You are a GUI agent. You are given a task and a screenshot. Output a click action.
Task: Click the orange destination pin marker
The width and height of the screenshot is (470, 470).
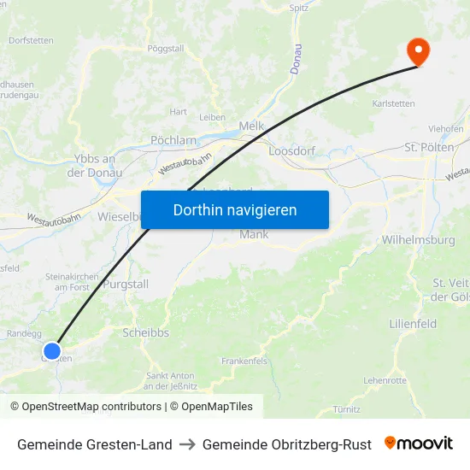pos(419,51)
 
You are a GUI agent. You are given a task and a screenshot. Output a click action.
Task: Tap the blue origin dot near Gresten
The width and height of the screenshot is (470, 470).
pos(52,350)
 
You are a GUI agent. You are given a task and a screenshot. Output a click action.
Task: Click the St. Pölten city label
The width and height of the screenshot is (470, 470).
pos(429,148)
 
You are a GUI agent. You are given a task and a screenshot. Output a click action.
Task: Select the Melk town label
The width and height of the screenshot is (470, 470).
pos(251,126)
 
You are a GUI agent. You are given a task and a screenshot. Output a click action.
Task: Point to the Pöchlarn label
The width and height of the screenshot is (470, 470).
pos(173,140)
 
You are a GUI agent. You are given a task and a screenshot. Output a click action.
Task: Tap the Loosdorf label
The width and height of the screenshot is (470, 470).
pos(293,150)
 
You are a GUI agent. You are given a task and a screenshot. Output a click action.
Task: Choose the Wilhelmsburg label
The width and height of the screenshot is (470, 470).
pos(419,240)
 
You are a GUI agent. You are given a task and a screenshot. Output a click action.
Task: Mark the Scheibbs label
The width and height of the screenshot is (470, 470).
pos(147,332)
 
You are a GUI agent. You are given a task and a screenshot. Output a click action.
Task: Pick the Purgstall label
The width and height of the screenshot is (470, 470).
pos(126,285)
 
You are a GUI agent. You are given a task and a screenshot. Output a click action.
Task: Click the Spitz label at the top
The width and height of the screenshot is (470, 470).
pos(299,8)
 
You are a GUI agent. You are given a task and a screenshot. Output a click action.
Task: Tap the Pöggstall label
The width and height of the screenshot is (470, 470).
pos(165,49)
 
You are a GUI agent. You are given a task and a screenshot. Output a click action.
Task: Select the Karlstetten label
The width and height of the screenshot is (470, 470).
pos(394,104)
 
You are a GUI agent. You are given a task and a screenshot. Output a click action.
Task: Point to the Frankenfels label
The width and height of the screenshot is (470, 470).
pos(244,361)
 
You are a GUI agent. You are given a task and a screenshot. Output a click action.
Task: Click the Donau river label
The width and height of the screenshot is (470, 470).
pos(296,58)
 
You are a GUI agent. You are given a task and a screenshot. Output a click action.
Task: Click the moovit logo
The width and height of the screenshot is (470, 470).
pos(419,444)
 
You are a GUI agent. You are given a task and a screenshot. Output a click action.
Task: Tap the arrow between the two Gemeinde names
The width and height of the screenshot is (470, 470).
pos(187,444)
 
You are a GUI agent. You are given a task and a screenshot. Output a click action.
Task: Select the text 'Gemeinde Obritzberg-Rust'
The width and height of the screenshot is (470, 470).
pos(287,444)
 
